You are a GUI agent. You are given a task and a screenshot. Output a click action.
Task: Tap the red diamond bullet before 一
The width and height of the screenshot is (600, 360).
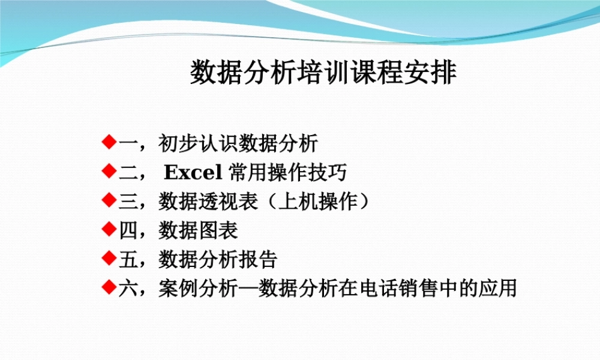[x=109, y=142]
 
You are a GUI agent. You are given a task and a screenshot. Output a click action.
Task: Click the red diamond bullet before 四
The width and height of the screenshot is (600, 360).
[x=109, y=229]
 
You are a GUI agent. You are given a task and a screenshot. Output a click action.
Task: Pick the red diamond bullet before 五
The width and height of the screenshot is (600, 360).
[x=109, y=258]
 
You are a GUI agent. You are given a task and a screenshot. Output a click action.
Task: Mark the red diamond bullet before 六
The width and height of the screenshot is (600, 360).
[x=109, y=287]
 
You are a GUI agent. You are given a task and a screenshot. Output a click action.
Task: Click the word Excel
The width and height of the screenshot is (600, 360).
[x=193, y=173]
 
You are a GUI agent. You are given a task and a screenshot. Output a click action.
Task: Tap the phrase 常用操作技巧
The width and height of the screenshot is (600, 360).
[x=287, y=173]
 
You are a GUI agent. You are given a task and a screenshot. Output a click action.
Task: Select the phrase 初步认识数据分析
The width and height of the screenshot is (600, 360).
[x=238, y=144]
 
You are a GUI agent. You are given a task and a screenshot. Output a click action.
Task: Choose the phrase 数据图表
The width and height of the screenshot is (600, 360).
[x=198, y=230]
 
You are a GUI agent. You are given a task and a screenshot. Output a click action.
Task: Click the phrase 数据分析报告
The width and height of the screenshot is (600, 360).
[x=218, y=259]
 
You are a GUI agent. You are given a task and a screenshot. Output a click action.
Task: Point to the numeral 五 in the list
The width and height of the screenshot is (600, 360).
[x=128, y=259]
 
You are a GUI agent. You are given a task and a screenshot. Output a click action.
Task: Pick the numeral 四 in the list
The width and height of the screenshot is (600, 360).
[x=128, y=230]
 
